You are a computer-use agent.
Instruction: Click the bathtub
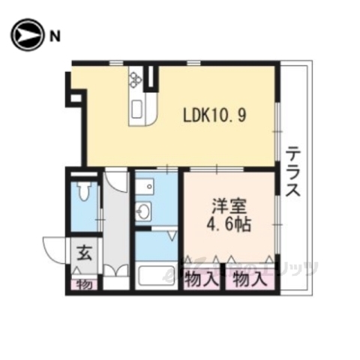pos(157,275)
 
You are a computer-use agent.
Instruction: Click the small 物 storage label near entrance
pos(84,285)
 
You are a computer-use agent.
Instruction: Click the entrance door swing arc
pos(54,247)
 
